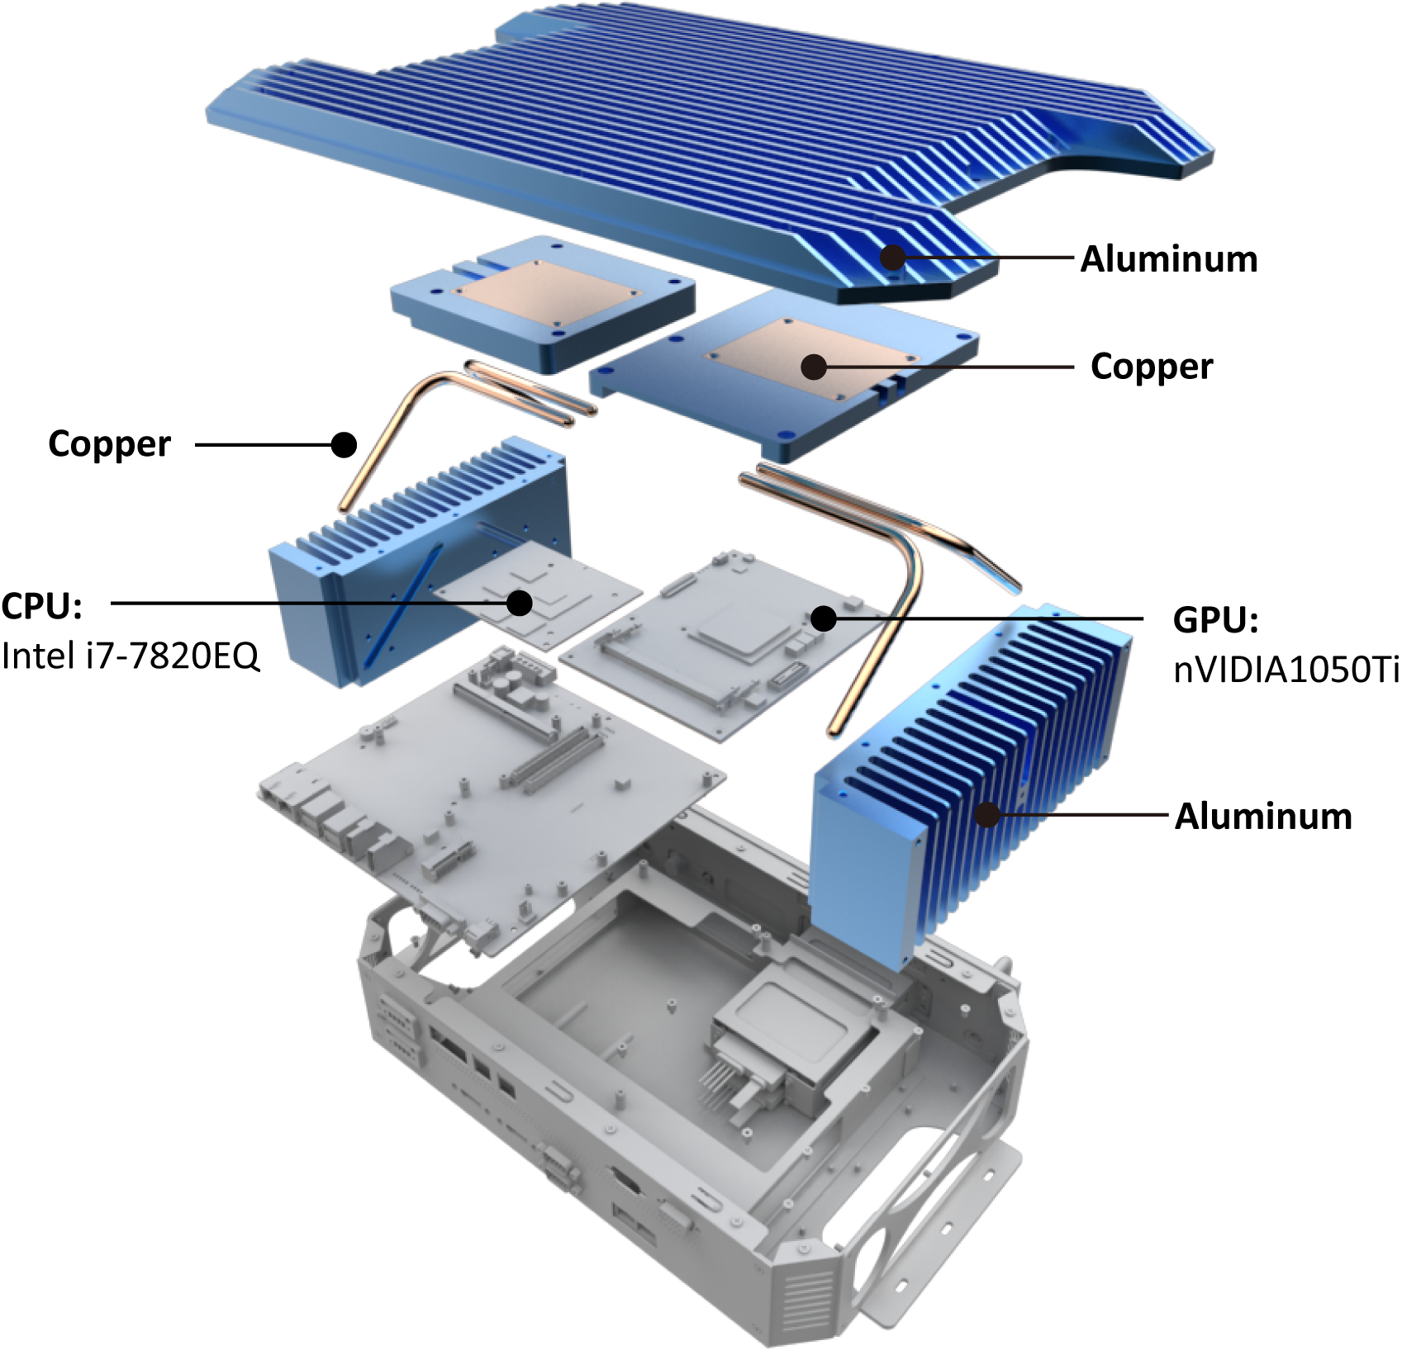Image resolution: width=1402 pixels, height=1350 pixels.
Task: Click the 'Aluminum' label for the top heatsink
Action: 1169,259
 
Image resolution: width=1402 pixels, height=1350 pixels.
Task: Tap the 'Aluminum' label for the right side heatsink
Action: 1263,816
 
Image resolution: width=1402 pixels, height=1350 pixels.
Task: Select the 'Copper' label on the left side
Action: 110,445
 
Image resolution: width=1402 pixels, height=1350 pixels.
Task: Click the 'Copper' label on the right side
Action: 1152,367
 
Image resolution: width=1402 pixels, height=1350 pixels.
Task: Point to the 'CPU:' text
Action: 42,606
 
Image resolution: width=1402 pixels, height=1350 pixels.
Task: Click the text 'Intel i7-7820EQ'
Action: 131,656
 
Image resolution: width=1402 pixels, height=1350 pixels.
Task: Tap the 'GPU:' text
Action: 1215,619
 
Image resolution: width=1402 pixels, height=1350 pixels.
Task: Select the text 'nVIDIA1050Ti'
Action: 1286,669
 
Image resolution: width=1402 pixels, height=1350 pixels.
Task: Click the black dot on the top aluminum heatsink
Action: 892,258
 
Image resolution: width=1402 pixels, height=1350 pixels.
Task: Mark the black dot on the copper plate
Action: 814,367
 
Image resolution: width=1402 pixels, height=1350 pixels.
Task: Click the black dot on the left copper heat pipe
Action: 344,445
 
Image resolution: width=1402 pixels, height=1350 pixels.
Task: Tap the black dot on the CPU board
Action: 519,603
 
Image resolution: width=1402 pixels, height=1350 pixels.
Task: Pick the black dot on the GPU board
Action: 823,618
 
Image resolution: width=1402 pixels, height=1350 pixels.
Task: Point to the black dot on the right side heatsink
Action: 986,815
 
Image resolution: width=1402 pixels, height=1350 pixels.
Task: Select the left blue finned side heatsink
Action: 419,561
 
